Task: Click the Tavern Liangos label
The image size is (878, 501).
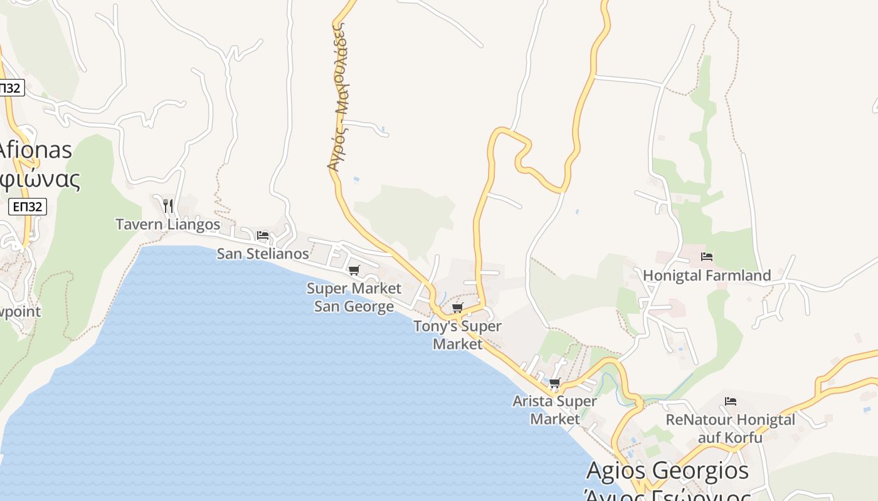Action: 167,224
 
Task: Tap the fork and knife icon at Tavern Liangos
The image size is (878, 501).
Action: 167,205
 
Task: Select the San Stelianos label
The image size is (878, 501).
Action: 263,254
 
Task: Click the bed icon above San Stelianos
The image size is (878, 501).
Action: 263,235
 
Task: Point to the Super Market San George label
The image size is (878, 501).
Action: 354,297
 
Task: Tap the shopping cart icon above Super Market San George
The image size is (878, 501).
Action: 354,270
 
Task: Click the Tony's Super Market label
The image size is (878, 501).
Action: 457,334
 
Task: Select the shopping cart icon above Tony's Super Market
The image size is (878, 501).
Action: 458,307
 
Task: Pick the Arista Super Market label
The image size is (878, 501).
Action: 554,410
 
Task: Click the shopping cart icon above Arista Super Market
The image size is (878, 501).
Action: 554,383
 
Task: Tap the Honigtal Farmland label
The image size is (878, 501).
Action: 707,276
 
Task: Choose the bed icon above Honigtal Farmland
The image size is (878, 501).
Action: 707,257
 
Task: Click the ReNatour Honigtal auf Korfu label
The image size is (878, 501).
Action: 730,428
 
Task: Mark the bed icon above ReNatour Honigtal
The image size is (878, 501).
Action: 730,401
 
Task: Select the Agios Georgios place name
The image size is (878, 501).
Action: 667,470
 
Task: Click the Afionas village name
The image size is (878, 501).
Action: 35,150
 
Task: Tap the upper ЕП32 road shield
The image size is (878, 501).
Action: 11,88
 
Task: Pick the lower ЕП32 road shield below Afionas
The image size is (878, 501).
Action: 28,207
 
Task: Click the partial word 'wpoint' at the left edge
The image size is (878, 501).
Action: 20,311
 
